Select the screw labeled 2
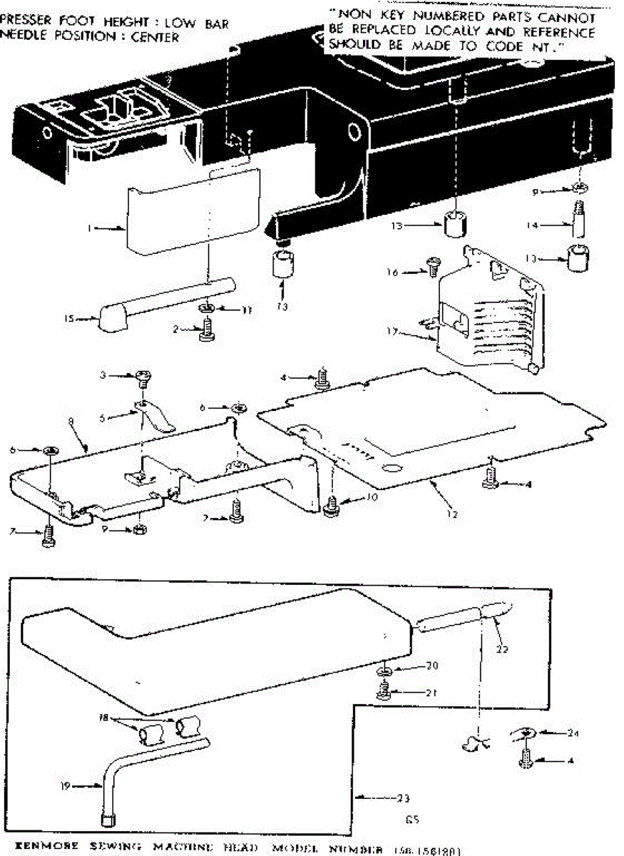click(208, 331)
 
